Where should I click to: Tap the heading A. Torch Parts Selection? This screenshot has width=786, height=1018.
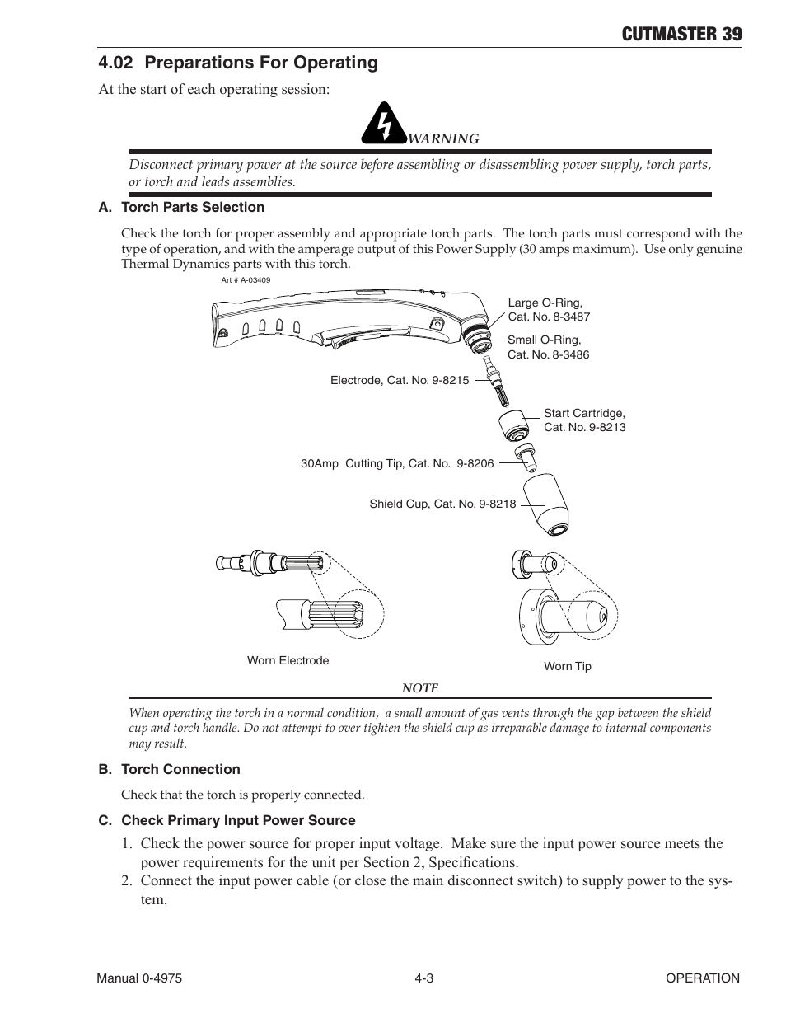coord(181,207)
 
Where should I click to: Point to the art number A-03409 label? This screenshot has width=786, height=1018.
coord(246,280)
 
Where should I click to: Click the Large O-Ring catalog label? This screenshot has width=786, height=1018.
coord(549,310)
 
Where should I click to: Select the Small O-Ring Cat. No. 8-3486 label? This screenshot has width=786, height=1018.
coord(548,347)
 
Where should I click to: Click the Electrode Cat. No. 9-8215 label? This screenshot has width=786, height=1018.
coord(399,381)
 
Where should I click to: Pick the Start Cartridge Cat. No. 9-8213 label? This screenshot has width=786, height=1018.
coord(584,420)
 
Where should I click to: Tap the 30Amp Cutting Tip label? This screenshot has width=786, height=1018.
coord(396,464)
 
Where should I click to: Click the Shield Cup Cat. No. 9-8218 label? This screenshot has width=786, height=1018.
coord(442,504)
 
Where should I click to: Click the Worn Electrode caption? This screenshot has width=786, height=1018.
coord(288,660)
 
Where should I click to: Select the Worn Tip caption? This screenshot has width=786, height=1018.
coord(567,666)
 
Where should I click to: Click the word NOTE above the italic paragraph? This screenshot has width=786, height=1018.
coord(419,687)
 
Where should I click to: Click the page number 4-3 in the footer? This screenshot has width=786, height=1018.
coord(423,978)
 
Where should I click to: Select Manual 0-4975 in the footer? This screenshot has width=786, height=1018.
coord(139,978)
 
